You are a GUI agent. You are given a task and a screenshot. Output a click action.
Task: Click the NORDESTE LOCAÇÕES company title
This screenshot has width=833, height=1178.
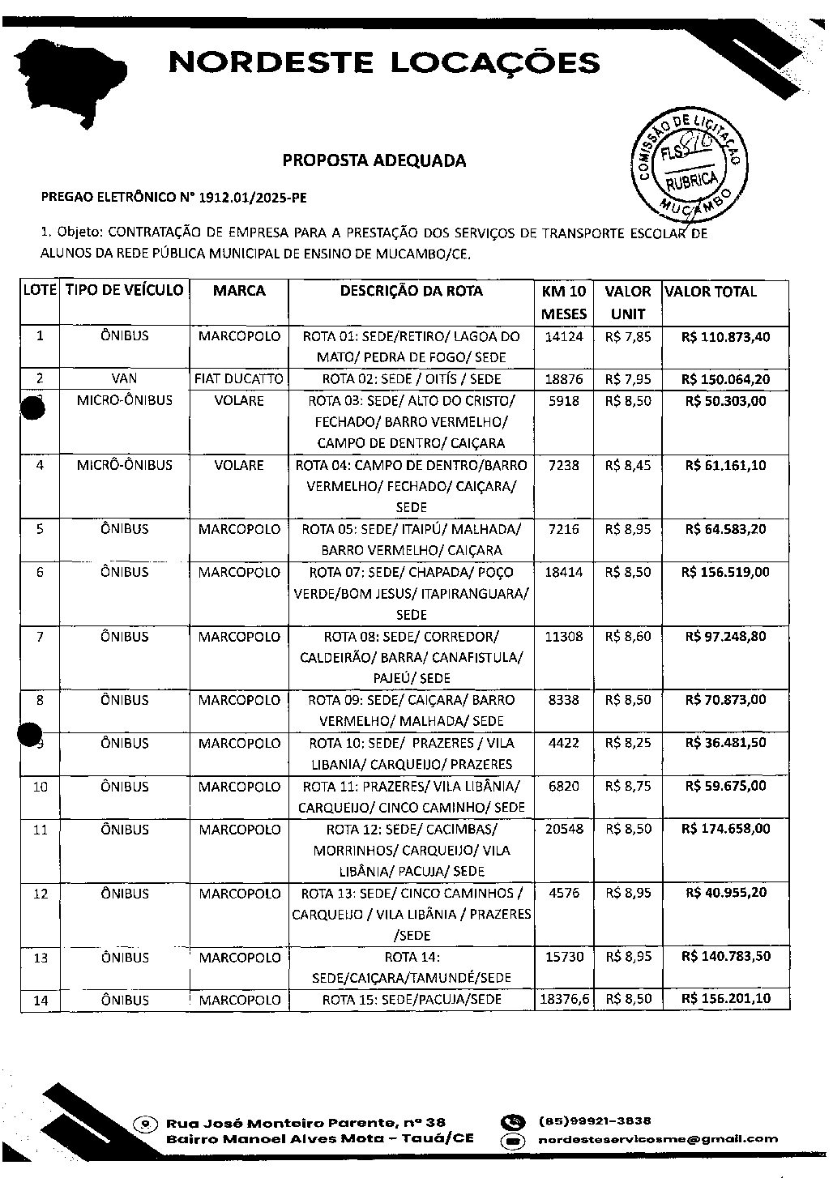[x=384, y=62]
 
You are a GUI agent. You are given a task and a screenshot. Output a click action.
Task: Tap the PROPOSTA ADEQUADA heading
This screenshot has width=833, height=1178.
[x=374, y=160]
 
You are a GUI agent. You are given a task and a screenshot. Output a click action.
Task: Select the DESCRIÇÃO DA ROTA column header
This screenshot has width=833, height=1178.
[x=411, y=291]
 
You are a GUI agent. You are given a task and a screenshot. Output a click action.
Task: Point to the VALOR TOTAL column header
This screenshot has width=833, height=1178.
[x=710, y=292]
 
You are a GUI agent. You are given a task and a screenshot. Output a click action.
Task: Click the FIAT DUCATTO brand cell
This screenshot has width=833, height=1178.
[x=239, y=378]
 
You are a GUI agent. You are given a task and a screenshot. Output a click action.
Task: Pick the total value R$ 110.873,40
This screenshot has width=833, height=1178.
[x=725, y=336]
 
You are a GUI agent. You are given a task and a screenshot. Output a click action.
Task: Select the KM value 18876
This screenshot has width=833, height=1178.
[x=564, y=378]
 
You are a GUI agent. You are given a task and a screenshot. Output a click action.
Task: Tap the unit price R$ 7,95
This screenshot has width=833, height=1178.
[x=627, y=378]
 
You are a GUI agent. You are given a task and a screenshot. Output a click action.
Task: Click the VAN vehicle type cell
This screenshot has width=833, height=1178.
[x=125, y=378]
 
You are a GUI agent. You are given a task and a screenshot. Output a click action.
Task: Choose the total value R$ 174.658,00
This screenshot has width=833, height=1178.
[x=725, y=829]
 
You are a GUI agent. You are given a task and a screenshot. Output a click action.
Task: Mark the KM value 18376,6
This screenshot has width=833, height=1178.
[x=564, y=1000]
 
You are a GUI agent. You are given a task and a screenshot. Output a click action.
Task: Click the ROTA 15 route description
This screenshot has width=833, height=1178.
[x=411, y=1000]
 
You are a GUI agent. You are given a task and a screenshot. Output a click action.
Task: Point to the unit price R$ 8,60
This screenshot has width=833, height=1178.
[x=627, y=637]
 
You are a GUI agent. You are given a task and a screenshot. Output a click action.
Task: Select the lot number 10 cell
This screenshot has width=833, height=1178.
[x=40, y=787]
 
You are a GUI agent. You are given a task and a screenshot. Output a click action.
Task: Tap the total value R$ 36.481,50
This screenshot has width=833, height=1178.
[x=725, y=743]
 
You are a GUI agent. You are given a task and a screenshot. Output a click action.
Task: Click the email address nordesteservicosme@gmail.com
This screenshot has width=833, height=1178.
[x=658, y=1138]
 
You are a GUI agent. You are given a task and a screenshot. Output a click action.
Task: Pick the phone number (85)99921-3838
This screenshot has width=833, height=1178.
[x=596, y=1121]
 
